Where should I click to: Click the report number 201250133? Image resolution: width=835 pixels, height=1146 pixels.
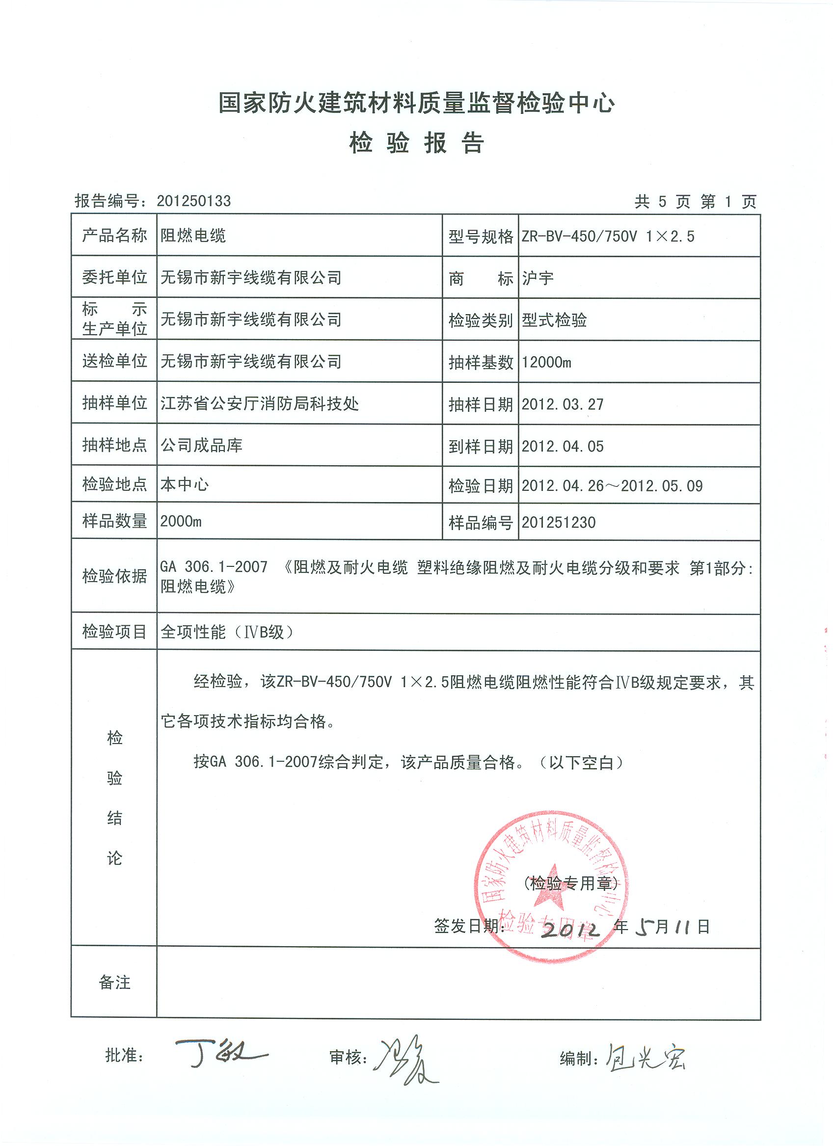click(x=193, y=201)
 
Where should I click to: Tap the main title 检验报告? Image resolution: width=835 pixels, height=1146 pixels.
click(x=416, y=143)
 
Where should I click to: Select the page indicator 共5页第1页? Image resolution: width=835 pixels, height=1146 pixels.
click(x=695, y=202)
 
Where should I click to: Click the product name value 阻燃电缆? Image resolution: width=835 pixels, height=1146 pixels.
click(x=193, y=236)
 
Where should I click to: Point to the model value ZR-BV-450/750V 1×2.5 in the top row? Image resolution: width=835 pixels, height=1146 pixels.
click(x=608, y=236)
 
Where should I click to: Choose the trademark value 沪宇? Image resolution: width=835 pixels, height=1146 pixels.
click(x=538, y=278)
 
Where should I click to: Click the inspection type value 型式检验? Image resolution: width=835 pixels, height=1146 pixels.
click(x=554, y=320)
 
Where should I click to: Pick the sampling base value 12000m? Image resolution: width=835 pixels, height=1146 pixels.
click(x=546, y=362)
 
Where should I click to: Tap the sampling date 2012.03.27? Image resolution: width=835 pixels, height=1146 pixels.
click(x=563, y=404)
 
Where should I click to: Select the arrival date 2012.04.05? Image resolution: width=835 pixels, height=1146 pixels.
click(x=563, y=446)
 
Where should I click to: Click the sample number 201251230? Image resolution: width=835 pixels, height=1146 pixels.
click(x=559, y=523)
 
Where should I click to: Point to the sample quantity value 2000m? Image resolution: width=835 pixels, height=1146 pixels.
click(x=181, y=521)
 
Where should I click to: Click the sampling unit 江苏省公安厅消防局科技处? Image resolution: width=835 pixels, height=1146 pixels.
click(x=259, y=403)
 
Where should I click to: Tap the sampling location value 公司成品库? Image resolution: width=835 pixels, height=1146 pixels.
click(x=201, y=445)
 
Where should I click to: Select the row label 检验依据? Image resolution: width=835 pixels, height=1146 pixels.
click(x=114, y=576)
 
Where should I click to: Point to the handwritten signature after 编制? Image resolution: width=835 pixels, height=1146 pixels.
click(x=646, y=1057)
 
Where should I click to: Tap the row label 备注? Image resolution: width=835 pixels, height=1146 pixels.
click(x=114, y=982)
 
